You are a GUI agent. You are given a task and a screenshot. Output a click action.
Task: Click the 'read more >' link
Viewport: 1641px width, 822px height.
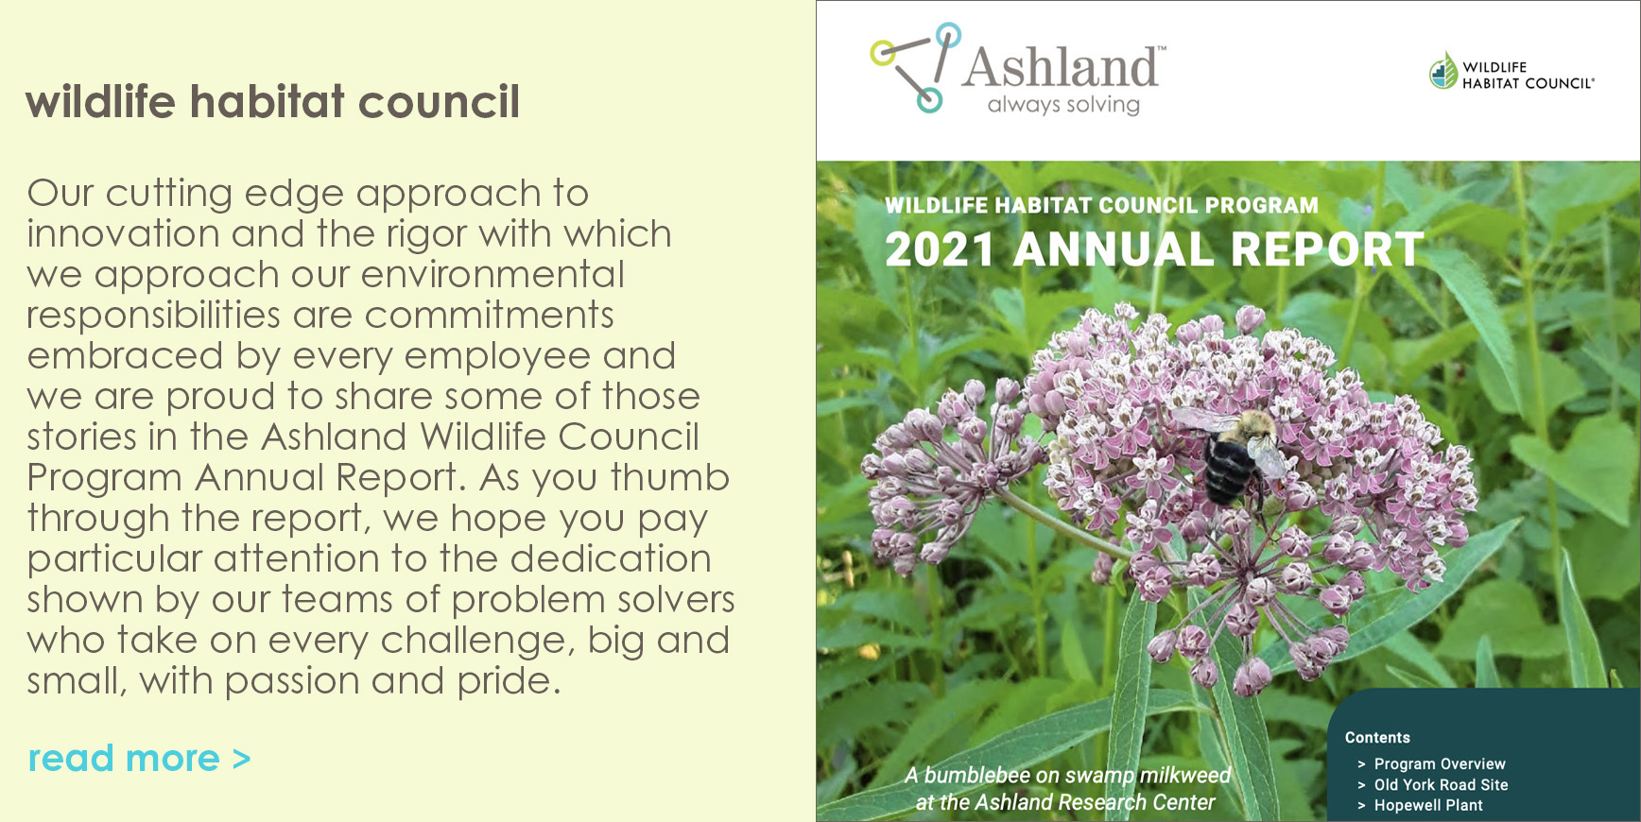click(x=139, y=759)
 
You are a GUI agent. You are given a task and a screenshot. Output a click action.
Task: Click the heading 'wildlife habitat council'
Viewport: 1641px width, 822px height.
click(x=273, y=101)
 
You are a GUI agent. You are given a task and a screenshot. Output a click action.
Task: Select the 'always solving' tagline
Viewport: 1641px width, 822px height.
click(x=1063, y=105)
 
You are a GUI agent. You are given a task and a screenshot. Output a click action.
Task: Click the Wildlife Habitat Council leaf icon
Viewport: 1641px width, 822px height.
click(x=1442, y=71)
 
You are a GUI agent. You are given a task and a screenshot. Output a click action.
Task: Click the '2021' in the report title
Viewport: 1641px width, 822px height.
click(x=940, y=250)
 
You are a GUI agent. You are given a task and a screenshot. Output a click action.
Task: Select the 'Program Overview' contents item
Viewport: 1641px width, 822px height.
click(x=1440, y=763)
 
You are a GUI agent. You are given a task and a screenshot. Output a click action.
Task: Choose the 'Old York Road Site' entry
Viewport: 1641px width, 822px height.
click(x=1441, y=784)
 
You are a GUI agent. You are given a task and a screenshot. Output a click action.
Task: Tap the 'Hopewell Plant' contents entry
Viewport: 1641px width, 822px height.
click(x=1428, y=805)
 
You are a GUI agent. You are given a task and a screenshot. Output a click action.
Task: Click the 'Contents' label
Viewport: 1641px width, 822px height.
click(x=1377, y=738)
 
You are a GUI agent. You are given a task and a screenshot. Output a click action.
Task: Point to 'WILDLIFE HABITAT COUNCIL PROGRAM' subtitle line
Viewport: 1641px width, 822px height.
click(x=1101, y=205)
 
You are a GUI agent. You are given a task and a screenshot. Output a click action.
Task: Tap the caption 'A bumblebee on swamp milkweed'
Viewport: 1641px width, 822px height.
click(x=1067, y=776)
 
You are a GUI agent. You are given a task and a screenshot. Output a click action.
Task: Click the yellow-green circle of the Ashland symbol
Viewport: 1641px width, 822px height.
click(x=883, y=53)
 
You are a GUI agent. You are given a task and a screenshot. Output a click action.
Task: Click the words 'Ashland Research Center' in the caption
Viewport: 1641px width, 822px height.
click(x=1095, y=803)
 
